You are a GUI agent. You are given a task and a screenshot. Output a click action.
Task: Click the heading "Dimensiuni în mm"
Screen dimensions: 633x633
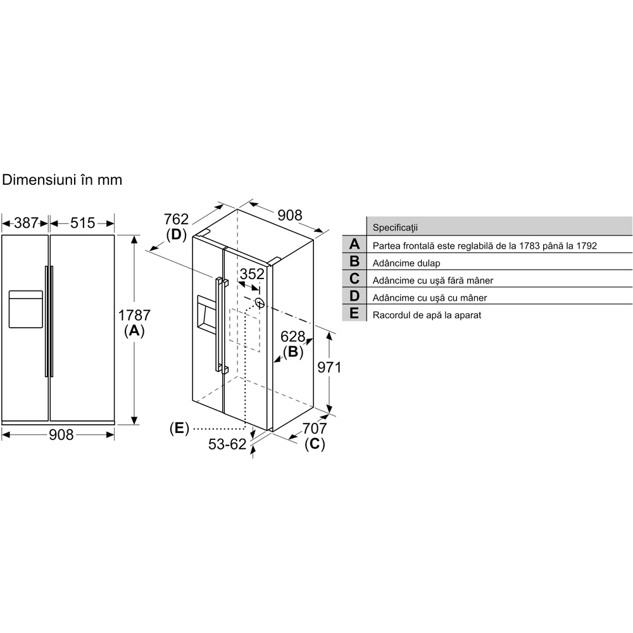point(62,180)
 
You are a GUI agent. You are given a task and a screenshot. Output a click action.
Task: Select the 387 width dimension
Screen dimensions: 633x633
point(26,223)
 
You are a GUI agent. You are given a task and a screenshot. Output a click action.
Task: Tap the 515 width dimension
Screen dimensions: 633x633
point(82,223)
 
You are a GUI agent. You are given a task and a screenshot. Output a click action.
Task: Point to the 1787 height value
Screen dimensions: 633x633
point(134,315)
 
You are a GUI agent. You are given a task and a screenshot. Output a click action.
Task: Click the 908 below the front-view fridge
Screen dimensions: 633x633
point(61,434)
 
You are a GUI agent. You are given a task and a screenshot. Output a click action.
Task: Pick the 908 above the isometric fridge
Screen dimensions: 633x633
point(290,215)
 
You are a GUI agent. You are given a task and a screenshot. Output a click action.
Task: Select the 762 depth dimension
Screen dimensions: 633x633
point(176,220)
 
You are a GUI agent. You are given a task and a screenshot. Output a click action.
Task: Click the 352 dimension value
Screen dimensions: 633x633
point(251,274)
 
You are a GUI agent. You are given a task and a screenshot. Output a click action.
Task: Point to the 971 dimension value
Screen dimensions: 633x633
point(329,367)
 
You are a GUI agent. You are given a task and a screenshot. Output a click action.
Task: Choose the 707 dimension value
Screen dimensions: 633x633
point(314,429)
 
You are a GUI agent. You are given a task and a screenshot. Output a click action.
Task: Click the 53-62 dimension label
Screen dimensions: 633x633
point(227,444)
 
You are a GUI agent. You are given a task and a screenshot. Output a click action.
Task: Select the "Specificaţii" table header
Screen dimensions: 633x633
point(396,227)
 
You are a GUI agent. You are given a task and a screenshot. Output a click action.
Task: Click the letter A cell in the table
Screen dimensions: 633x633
point(354,244)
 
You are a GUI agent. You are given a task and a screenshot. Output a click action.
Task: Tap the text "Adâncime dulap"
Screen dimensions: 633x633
point(406,263)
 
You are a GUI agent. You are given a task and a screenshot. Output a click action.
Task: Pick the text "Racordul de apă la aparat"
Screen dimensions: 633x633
point(427,315)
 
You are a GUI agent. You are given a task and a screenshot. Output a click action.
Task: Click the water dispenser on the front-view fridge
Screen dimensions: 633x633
point(25,309)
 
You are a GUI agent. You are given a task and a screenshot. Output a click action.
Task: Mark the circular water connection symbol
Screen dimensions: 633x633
point(258,303)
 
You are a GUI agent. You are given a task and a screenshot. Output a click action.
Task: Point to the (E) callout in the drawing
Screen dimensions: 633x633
point(179,429)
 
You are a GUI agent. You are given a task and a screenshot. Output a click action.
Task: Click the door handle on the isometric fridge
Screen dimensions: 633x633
point(221,324)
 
